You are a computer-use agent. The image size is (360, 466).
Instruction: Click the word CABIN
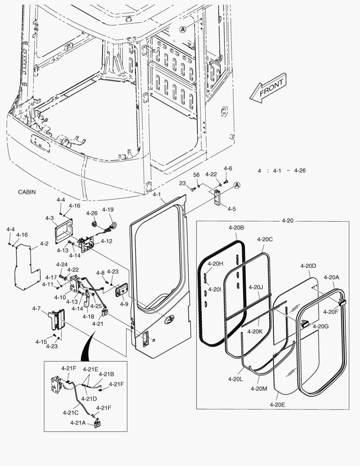point(27,192)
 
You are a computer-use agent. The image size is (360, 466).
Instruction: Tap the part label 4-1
point(157,195)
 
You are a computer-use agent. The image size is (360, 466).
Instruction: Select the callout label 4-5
point(232,209)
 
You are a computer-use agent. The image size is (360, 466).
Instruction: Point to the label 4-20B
point(236,227)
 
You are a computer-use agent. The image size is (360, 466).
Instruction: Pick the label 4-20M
point(259,388)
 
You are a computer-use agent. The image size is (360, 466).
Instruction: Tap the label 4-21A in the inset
point(78,423)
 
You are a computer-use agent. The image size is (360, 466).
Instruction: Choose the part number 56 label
point(196,175)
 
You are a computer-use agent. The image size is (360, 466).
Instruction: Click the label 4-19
point(108,210)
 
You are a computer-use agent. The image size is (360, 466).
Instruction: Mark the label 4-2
point(44,244)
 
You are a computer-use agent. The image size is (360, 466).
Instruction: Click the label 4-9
point(124,304)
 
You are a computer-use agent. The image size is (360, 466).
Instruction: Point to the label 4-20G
point(320,326)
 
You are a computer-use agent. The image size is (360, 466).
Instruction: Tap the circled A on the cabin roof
point(183,29)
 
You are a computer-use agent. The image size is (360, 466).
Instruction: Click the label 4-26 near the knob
point(92,213)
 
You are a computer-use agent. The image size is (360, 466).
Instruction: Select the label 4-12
point(106,241)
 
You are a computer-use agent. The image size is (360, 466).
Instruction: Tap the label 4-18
point(88,316)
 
